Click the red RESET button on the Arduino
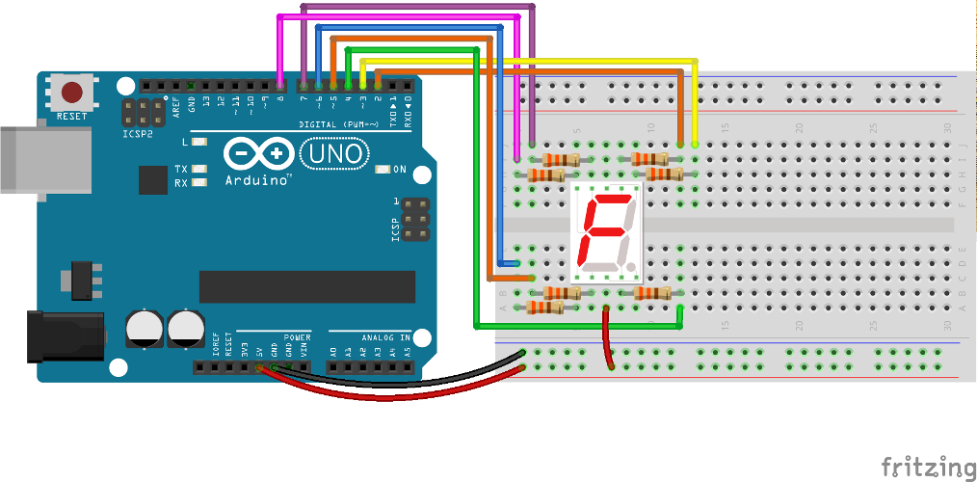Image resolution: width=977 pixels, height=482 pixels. point(72,93)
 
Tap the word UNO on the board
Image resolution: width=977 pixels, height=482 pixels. point(333,153)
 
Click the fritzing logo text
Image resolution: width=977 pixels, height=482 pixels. point(928,466)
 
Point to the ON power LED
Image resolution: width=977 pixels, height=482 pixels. point(383,170)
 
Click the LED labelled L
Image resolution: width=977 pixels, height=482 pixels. point(200,142)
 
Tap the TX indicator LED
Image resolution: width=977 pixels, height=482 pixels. point(200,170)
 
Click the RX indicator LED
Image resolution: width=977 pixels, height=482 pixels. point(200,182)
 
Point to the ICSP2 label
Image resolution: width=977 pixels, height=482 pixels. point(137,134)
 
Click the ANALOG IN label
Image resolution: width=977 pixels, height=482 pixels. point(385,337)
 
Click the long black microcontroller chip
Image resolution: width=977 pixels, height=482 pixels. point(306,286)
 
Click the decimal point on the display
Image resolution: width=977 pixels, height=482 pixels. point(630,264)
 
